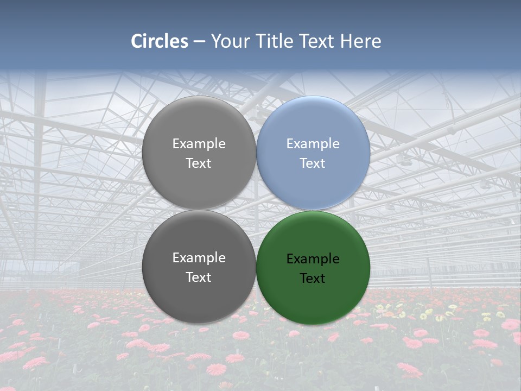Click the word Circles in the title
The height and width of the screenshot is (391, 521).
point(160,41)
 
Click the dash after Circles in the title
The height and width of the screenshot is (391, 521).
point(199,42)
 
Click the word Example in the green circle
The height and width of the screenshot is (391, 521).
point(313,259)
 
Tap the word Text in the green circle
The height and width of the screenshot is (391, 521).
point(313,279)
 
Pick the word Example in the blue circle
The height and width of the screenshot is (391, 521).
point(313,144)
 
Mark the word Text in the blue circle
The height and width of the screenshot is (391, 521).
point(313,163)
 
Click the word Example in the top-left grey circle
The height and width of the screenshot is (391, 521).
point(199,144)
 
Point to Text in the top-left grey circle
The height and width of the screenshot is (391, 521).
point(199,163)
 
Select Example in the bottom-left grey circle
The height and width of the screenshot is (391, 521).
point(199,258)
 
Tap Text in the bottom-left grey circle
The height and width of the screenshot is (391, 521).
point(199,278)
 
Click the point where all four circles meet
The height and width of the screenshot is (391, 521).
point(256,210)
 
